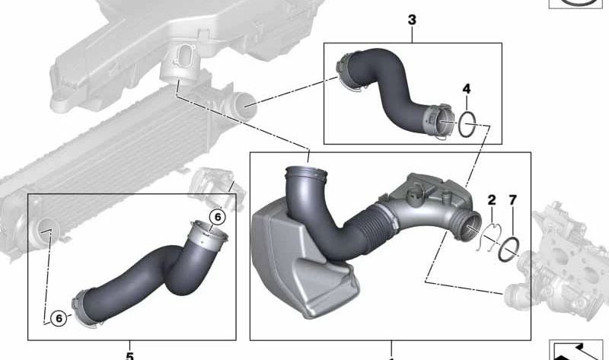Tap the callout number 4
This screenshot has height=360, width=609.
click(x=466, y=90)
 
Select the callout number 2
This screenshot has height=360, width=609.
click(x=492, y=200)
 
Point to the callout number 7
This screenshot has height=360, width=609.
click(x=512, y=200)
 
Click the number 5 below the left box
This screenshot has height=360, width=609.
click(x=129, y=354)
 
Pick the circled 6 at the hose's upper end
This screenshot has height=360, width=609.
click(x=217, y=217)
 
